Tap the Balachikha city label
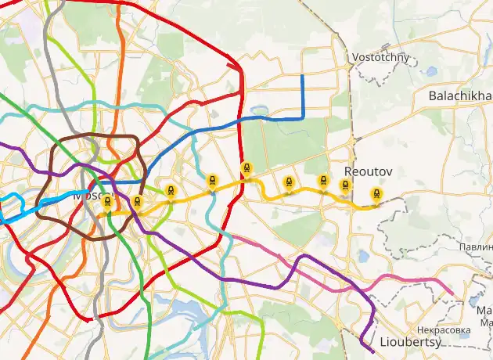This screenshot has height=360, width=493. click(x=460, y=95)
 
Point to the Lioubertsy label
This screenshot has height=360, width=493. click(x=410, y=342)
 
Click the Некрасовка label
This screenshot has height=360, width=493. click(x=444, y=330)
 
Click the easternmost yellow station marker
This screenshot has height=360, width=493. click(x=377, y=193)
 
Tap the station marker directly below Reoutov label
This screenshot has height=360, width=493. click(x=345, y=185)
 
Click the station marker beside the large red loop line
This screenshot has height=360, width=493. click(x=246, y=167)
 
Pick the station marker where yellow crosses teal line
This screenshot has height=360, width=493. click(x=212, y=181)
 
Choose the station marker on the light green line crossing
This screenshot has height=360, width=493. click(x=170, y=189)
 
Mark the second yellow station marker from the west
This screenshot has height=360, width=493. click(x=137, y=203)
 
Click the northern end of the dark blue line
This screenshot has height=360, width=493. click(x=303, y=76)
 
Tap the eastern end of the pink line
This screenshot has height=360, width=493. click(x=452, y=293)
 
